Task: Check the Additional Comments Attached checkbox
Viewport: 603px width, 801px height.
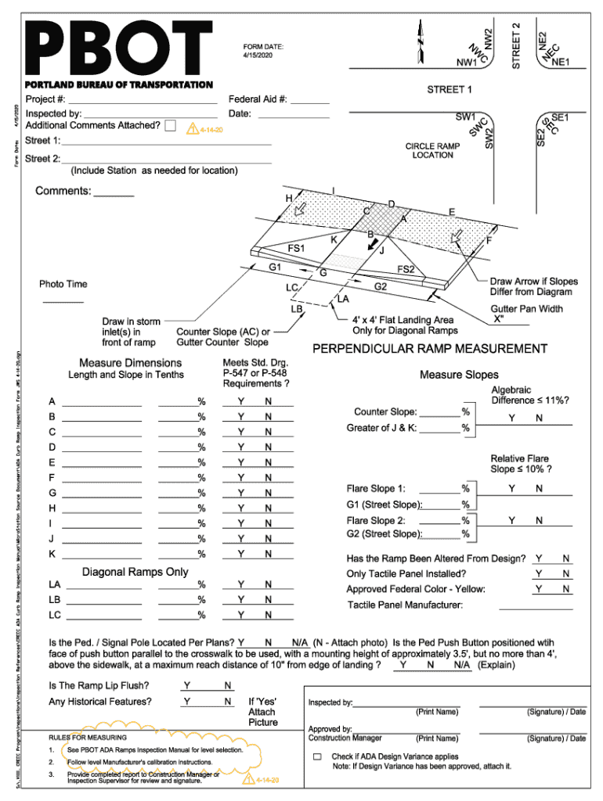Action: coord(171,125)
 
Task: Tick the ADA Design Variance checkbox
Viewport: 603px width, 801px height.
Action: coord(317,757)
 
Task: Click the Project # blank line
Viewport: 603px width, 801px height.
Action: coord(142,100)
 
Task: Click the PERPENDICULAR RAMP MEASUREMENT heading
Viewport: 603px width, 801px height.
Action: coord(429,349)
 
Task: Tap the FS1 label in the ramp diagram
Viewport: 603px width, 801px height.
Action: coord(297,249)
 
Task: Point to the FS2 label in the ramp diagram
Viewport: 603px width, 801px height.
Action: coord(406,270)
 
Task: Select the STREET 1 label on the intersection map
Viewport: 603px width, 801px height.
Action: coord(450,90)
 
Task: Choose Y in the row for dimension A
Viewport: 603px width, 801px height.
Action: coord(241,402)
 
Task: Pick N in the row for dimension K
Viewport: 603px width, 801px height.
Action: coord(268,555)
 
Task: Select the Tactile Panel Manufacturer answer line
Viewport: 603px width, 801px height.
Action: coord(536,605)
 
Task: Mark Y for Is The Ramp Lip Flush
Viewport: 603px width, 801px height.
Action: coord(187,686)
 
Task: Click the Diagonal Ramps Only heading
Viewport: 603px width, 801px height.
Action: coord(135,573)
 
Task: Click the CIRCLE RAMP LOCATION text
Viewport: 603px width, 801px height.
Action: coord(432,151)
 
